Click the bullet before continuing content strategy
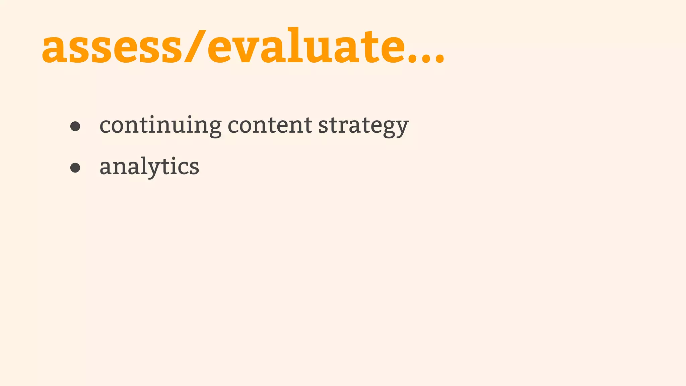pyautogui.click(x=75, y=126)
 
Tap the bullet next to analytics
pyautogui.click(x=75, y=168)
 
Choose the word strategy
pyautogui.click(x=363, y=126)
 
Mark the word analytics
pyautogui.click(x=149, y=167)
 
